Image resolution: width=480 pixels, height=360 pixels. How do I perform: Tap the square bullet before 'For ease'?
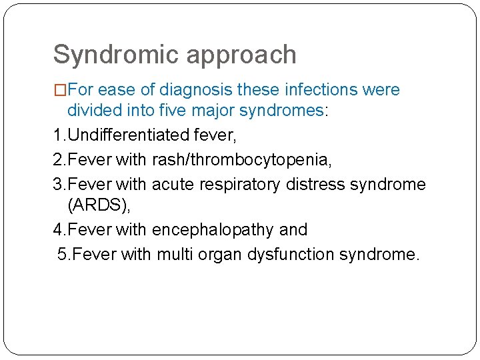(x=60, y=90)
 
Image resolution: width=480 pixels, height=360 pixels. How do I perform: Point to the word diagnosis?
(x=200, y=90)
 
